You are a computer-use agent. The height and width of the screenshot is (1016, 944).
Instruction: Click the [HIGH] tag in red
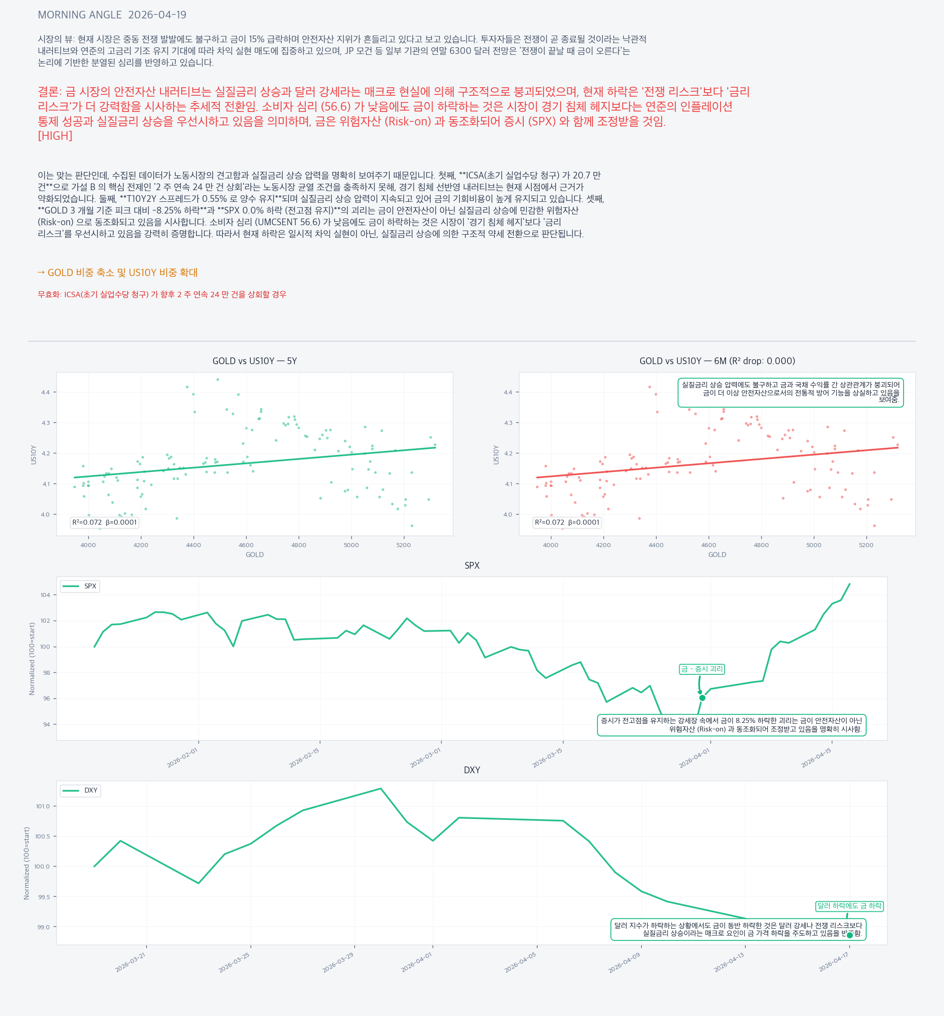[x=55, y=136]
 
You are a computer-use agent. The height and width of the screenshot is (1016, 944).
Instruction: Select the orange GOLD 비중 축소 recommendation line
[x=117, y=273]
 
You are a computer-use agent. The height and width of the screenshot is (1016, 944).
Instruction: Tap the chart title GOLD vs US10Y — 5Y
[x=254, y=361]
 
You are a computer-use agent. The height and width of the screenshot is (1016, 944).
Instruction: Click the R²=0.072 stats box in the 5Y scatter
[x=104, y=522]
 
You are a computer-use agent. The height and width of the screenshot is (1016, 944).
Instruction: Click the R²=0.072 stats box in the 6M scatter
[x=566, y=522]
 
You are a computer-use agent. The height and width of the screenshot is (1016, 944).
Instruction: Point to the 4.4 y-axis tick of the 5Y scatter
[x=46, y=392]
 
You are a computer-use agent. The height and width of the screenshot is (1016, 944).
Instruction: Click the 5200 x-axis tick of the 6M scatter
[x=866, y=545]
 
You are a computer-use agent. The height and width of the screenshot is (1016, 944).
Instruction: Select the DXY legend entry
[x=81, y=790]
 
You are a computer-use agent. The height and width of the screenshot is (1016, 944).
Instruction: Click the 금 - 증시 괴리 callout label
[x=701, y=669]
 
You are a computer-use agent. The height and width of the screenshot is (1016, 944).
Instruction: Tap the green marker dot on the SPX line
[x=702, y=698]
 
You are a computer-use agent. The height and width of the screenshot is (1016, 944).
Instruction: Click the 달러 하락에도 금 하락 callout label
[x=849, y=906]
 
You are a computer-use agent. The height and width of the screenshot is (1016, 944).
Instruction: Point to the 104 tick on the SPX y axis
[x=45, y=595]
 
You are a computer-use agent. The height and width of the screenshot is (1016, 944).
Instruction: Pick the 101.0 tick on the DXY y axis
[x=43, y=807]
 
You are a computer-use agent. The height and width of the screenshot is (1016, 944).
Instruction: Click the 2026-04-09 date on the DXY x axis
[x=623, y=963]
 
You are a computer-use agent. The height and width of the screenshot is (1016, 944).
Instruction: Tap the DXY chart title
[x=472, y=770]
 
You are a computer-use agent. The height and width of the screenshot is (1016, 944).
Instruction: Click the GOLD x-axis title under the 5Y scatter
[x=254, y=555]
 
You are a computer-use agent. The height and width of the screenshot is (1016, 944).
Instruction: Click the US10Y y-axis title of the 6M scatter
[x=496, y=454]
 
